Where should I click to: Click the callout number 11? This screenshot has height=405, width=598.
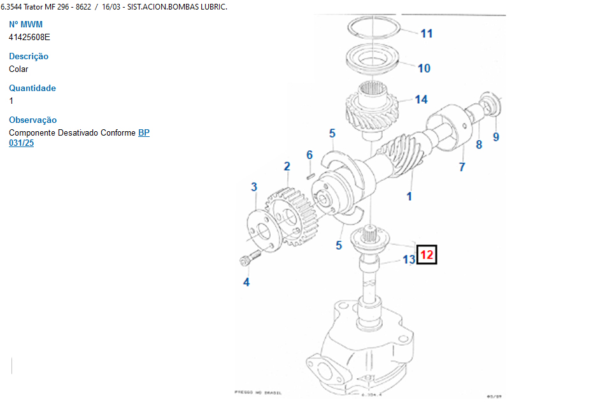click(x=426, y=33)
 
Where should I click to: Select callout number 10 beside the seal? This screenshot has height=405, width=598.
click(x=424, y=68)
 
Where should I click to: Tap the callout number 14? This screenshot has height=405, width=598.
click(x=421, y=99)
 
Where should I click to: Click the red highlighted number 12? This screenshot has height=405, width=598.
click(x=427, y=255)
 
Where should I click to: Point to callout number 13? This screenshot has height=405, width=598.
click(x=408, y=260)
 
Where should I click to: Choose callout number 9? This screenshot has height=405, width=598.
click(x=496, y=136)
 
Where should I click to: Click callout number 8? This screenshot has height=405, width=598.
click(x=479, y=145)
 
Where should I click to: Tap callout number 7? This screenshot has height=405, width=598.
click(x=462, y=167)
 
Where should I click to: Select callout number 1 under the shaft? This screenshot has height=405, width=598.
click(x=409, y=196)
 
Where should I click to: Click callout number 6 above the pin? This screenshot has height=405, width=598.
click(x=310, y=155)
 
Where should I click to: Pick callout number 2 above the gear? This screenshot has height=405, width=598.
click(x=287, y=166)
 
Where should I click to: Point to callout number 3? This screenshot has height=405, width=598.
click(x=254, y=187)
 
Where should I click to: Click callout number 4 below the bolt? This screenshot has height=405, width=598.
click(x=246, y=282)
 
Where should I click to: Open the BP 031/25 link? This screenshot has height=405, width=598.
click(x=143, y=133)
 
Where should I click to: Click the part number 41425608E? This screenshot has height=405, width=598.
click(x=29, y=37)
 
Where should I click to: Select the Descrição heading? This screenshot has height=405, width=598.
click(x=29, y=56)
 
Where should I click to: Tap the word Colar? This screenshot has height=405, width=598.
click(x=18, y=69)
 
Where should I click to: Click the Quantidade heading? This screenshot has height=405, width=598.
click(x=32, y=88)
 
